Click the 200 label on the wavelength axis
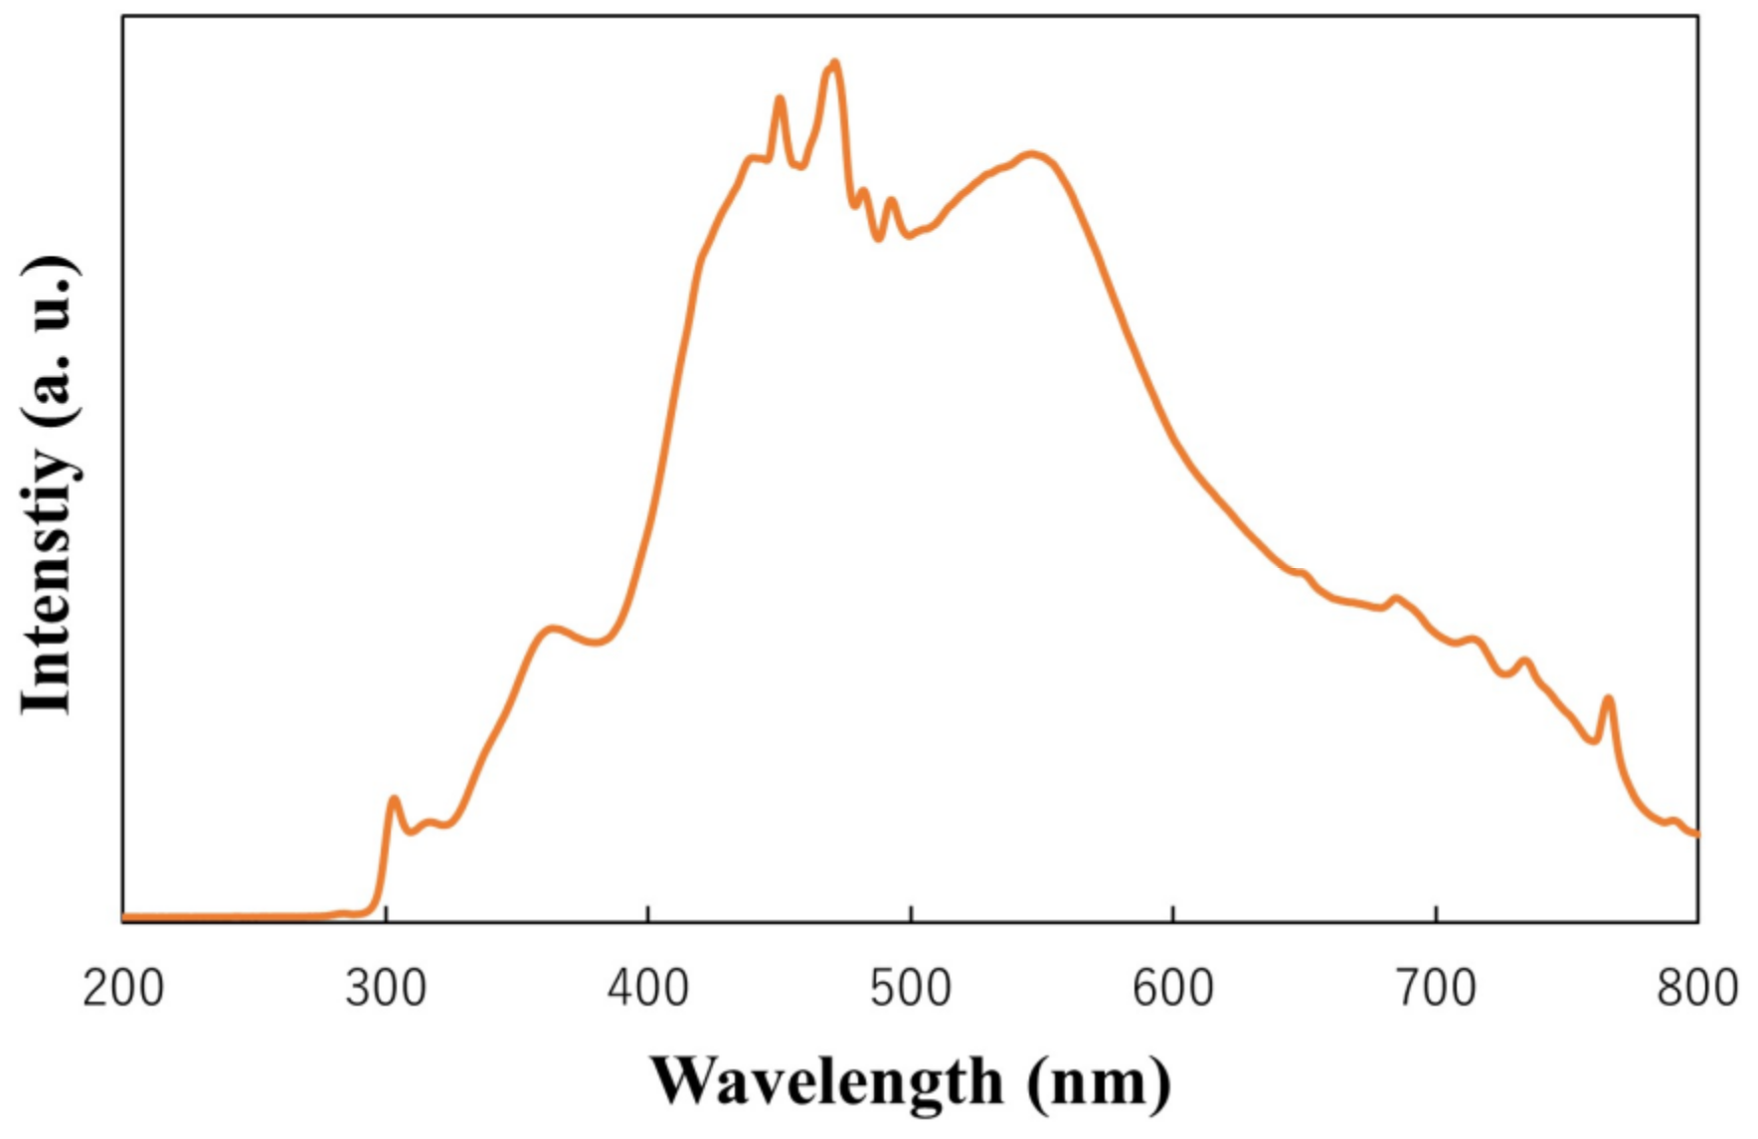tap(123, 989)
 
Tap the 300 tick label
tap(386, 989)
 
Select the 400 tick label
tap(648, 989)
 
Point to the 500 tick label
tap(911, 989)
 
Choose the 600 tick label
tap(1173, 989)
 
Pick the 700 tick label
tap(1436, 989)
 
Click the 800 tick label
tap(1696, 989)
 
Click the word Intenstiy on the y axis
tap(47, 582)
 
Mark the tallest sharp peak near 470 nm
tap(834, 63)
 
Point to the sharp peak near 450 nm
tap(780, 98)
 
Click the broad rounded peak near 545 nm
tap(1033, 154)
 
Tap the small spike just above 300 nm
tap(394, 799)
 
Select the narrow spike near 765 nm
tap(1608, 699)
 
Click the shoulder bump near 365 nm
tap(553, 629)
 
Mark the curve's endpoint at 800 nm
tap(1695, 834)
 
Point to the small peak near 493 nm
tap(891, 201)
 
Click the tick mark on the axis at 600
tap(1173, 914)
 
